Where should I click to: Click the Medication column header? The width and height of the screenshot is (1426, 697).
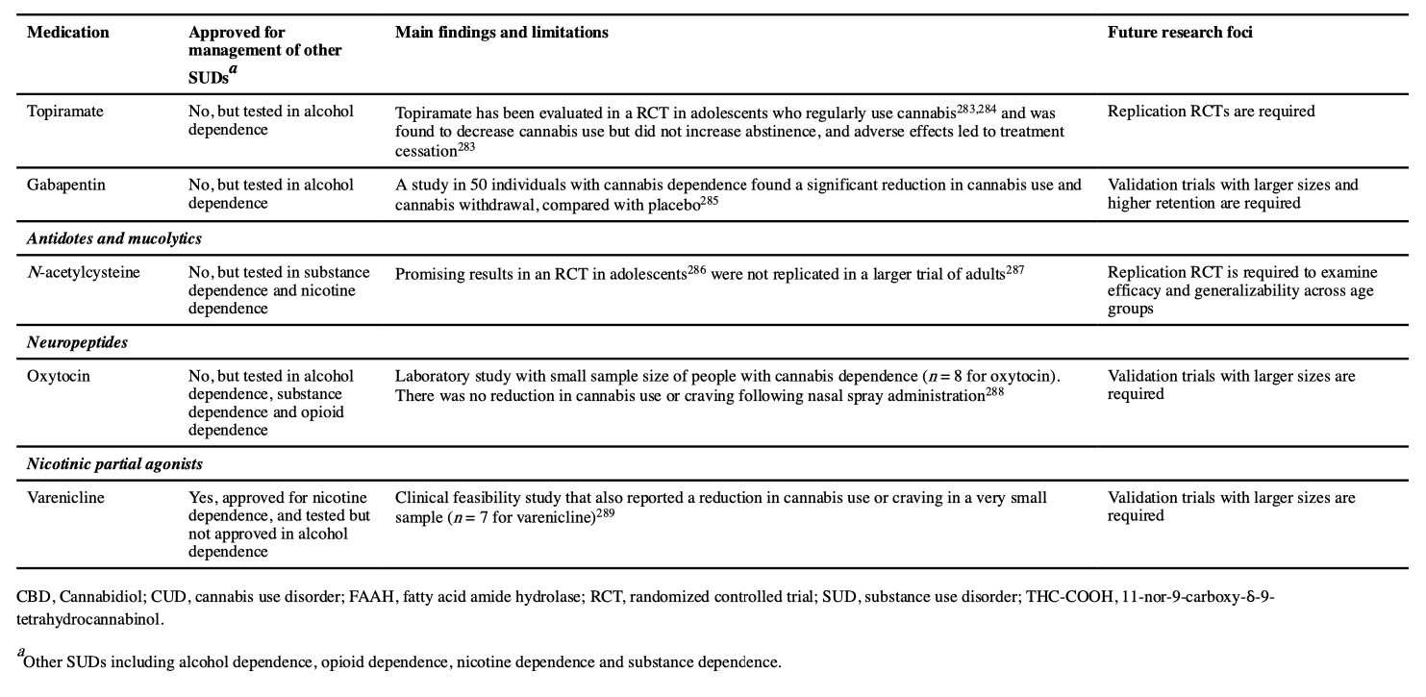coord(67,33)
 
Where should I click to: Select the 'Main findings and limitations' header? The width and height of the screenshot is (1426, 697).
coord(501,33)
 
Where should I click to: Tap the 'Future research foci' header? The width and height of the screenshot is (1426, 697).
coord(1179,33)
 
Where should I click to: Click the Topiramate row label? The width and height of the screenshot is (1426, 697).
coord(64,112)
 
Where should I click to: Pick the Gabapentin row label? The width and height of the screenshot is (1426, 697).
coord(66,185)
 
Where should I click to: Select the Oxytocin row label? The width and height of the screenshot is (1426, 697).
coord(59,376)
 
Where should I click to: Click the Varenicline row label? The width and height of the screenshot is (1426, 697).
coord(65,498)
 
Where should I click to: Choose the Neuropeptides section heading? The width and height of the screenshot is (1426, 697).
coord(77,343)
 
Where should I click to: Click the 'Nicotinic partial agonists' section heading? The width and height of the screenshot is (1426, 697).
coord(114,464)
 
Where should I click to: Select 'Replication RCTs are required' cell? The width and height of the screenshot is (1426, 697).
coord(1211,112)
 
